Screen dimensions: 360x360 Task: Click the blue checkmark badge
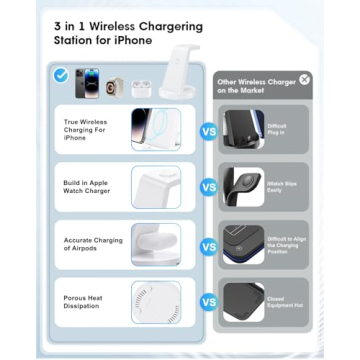tap(60, 74)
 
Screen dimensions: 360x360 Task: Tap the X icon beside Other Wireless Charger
tap(304, 78)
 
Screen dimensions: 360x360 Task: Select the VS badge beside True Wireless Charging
tap(209, 130)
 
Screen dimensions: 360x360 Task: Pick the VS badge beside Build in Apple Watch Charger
tap(209, 187)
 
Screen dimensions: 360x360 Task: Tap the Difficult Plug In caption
tap(281, 131)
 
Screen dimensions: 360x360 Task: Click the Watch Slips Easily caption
tap(281, 187)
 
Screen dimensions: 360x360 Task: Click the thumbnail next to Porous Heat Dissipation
tap(156, 300)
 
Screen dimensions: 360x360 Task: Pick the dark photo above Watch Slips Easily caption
tap(242, 187)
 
